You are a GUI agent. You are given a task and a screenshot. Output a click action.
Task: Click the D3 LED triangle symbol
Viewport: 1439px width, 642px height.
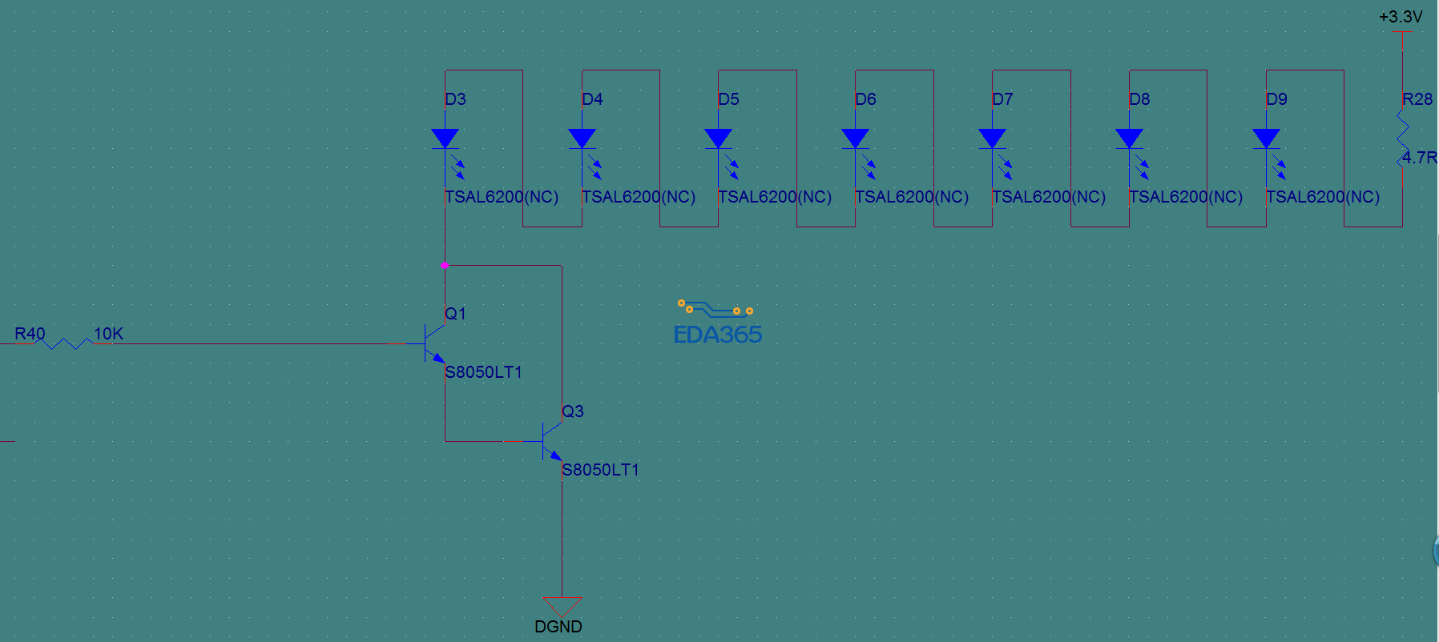click(445, 139)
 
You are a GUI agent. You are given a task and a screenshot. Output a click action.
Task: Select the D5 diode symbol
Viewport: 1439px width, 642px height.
click(719, 139)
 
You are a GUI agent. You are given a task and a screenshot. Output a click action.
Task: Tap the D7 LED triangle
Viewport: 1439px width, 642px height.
click(993, 139)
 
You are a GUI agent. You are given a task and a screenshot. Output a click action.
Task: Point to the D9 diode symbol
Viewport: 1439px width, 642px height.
click(1266, 139)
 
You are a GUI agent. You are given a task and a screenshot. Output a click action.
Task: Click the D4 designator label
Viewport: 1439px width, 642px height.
click(592, 99)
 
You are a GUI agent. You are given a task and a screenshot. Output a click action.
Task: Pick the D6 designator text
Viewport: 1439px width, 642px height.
click(866, 99)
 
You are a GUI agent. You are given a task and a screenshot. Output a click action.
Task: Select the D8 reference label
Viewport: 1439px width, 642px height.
click(1139, 99)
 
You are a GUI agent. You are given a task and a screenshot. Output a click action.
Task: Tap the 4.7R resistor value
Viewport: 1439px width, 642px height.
click(1419, 158)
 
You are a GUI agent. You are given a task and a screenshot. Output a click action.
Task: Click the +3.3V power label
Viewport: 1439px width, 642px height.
click(1401, 17)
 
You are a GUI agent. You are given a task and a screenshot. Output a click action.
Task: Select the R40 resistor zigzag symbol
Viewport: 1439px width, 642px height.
click(66, 343)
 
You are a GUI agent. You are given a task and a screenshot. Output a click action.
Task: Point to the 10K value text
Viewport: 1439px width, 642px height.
click(108, 334)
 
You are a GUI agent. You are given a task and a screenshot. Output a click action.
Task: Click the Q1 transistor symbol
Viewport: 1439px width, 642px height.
click(433, 344)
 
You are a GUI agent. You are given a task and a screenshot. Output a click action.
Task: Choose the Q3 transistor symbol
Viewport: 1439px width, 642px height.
click(550, 442)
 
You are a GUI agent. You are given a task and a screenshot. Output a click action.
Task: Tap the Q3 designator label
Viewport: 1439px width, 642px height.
click(573, 411)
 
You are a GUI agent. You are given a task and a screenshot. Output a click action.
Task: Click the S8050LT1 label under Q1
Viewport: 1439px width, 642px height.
click(483, 372)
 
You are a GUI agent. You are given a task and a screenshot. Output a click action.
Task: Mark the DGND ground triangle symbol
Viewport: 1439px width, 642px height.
click(562, 606)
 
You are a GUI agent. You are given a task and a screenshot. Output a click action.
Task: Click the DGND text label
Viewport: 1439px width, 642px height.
click(558, 627)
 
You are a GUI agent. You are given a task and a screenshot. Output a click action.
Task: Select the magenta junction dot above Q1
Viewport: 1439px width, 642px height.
click(444, 265)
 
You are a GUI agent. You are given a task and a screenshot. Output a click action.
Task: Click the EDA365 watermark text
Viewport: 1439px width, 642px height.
click(718, 335)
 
